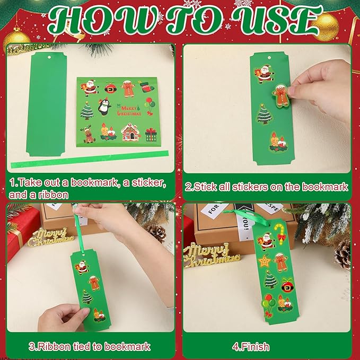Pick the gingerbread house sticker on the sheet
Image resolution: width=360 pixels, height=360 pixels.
[130, 131]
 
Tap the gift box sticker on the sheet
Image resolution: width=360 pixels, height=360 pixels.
[151, 134]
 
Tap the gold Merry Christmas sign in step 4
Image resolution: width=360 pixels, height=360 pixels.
[211, 254]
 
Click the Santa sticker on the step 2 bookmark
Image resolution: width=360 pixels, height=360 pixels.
[262, 74]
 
